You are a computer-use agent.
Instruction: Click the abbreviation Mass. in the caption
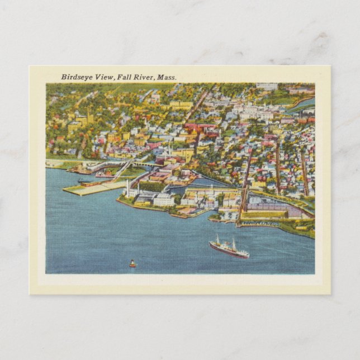tap(167, 77)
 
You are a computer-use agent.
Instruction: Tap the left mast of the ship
tap(217, 240)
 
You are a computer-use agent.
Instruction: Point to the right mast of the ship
tap(234, 244)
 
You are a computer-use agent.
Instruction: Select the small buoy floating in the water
tap(132, 263)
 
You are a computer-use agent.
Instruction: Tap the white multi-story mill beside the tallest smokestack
tap(163, 200)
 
